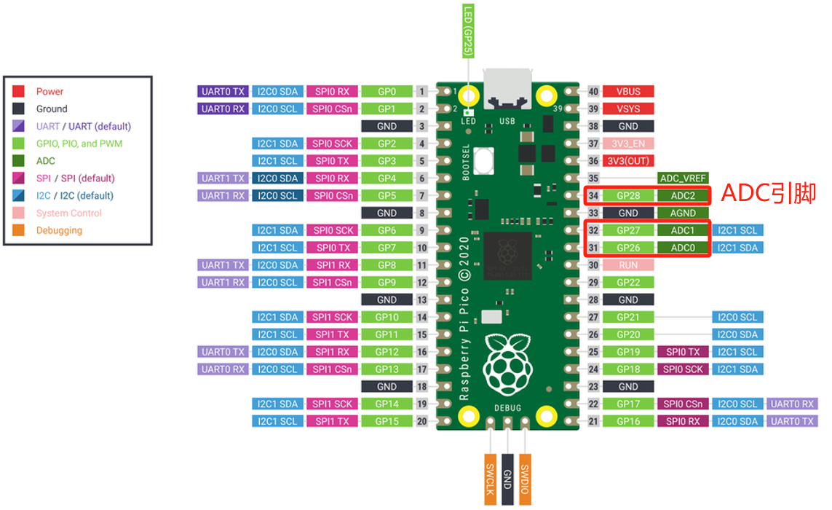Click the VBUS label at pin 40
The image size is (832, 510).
click(627, 91)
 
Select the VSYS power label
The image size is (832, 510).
click(627, 109)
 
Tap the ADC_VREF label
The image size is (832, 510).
click(682, 178)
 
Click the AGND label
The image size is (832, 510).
click(682, 213)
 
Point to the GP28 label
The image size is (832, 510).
click(627, 195)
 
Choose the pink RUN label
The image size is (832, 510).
click(627, 265)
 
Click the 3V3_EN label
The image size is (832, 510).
click(627, 144)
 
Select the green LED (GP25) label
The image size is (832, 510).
click(468, 31)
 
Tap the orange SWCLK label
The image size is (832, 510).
click(491, 479)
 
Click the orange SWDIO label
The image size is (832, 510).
click(525, 479)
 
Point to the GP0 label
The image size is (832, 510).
click(387, 91)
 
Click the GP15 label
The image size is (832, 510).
click(387, 421)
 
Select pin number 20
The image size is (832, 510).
click(422, 421)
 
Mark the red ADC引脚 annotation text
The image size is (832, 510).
click(769, 193)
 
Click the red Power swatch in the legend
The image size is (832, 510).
click(19, 91)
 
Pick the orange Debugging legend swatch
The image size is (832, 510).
click(19, 230)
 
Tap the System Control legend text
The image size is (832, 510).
click(69, 213)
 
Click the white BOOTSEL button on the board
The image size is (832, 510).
click(483, 161)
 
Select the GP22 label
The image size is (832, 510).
click(627, 283)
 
